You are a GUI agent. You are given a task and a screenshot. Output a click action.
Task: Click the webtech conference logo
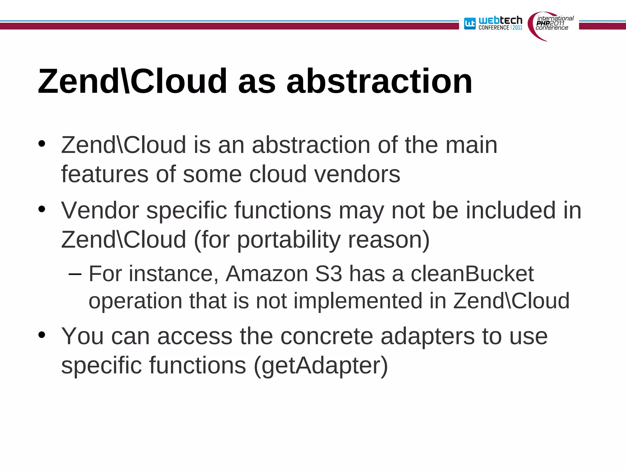493,23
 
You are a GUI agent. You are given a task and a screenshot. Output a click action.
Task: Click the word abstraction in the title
379,82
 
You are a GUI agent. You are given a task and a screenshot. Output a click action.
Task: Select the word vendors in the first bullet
357,174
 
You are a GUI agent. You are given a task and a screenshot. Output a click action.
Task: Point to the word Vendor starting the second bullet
100,211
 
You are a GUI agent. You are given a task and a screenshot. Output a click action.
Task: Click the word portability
289,240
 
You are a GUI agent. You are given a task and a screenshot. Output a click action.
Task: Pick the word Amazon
267,274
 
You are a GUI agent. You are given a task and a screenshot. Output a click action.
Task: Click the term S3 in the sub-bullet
328,274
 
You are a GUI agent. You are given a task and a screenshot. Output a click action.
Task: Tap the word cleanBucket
472,274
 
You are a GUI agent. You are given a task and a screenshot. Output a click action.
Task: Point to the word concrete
326,336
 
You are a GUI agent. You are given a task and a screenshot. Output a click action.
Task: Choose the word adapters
428,337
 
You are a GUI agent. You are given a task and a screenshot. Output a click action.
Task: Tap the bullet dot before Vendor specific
42,209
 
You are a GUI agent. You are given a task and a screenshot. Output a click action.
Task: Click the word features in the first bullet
105,174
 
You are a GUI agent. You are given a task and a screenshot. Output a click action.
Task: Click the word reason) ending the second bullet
389,240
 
